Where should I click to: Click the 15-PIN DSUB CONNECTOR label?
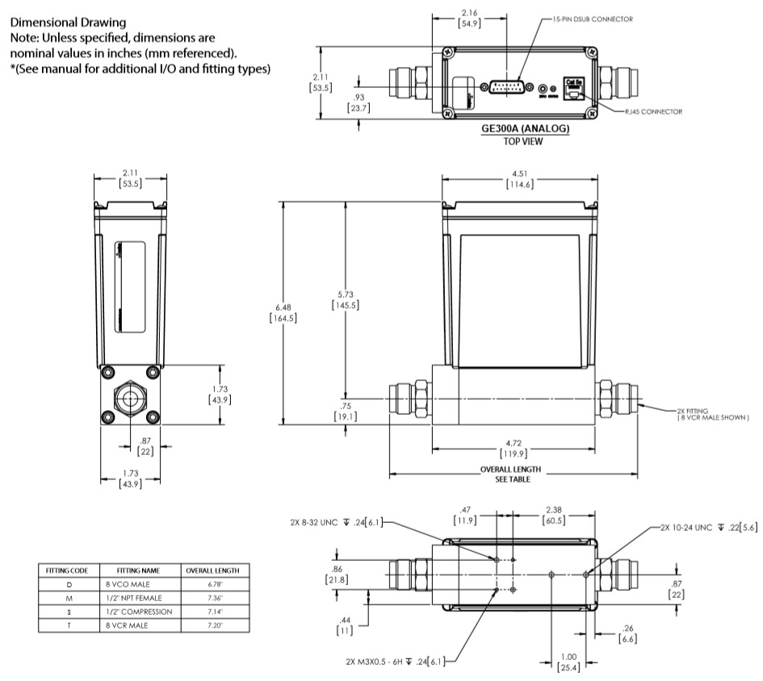click(x=592, y=18)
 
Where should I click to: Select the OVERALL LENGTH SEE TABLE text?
click(x=510, y=474)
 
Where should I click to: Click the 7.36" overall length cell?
click(x=212, y=597)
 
